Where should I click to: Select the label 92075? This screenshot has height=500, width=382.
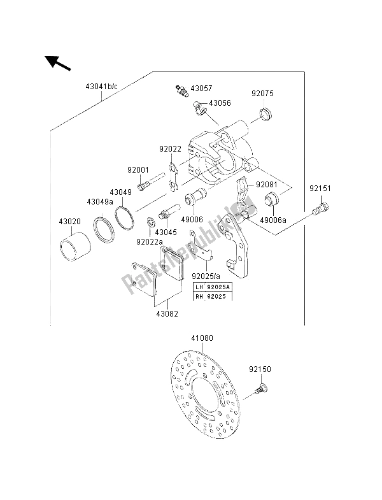pyautogui.click(x=262, y=93)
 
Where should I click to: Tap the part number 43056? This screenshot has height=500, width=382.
pyautogui.click(x=220, y=103)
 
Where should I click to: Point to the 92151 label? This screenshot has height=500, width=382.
pyautogui.click(x=322, y=189)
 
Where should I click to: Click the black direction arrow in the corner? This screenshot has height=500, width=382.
pyautogui.click(x=57, y=64)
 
